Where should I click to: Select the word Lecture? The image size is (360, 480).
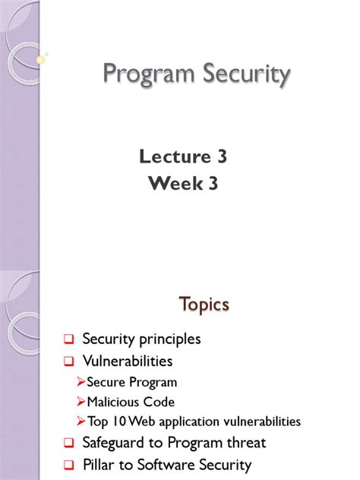point(172,157)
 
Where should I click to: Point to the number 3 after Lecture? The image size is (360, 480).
point(221,157)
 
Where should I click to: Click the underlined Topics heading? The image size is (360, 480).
point(204,304)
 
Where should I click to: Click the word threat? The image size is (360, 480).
point(245,443)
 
